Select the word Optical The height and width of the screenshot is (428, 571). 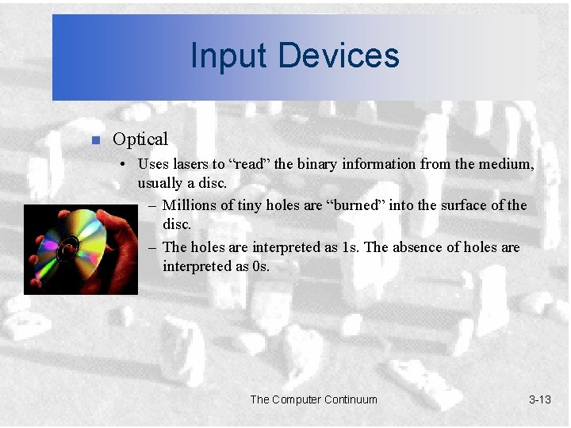[140, 139]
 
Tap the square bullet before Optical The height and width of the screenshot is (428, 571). [94, 141]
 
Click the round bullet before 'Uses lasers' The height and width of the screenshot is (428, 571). [125, 165]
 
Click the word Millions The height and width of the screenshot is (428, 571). [191, 205]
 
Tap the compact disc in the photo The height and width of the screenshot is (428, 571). [75, 240]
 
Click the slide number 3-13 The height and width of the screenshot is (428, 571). [539, 399]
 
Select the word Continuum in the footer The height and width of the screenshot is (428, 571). [346, 399]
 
